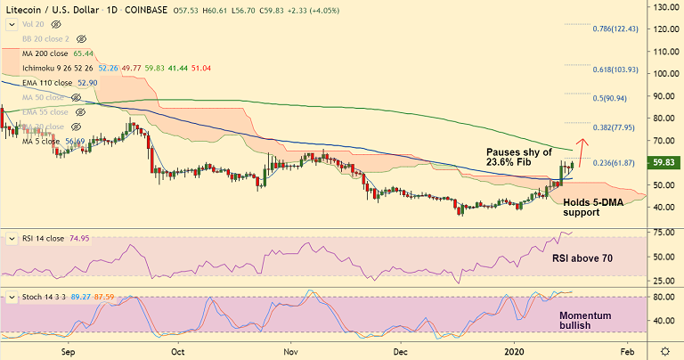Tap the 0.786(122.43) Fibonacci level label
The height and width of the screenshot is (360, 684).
615,29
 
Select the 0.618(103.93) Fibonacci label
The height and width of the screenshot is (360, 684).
615,70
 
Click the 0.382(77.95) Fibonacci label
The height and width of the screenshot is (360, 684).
615,127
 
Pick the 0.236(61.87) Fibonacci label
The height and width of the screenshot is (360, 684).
615,163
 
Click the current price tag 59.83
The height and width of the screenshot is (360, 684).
664,163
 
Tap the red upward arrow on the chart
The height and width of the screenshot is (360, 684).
582,152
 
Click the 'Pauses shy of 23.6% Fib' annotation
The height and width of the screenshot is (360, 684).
520,158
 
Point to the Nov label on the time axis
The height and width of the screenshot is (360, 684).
289,351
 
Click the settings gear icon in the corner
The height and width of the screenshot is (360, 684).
664,350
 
